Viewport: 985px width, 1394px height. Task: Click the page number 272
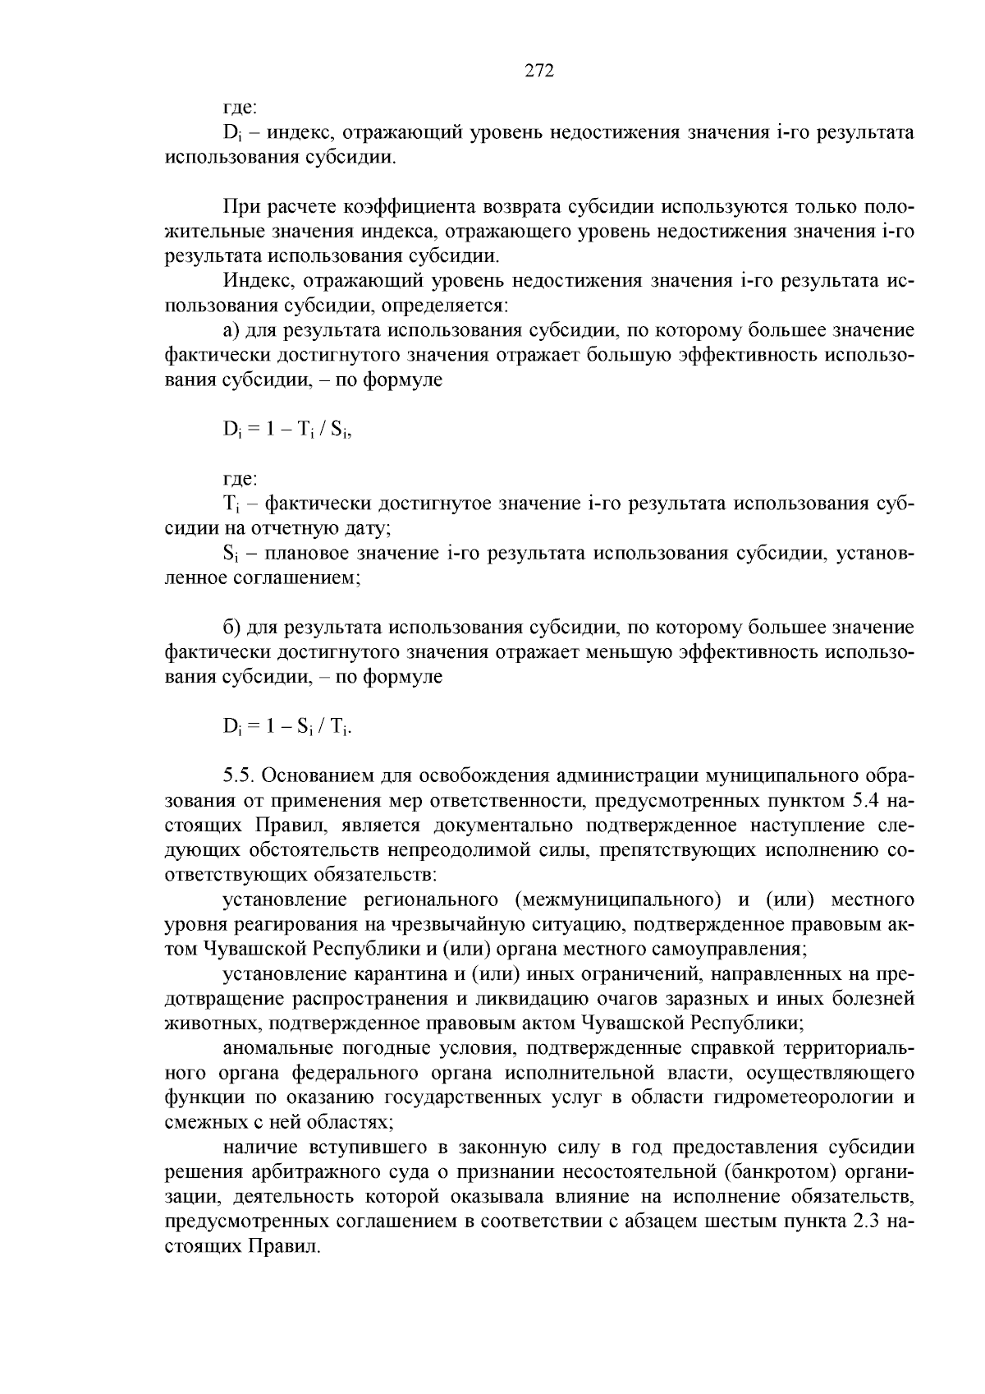539,71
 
